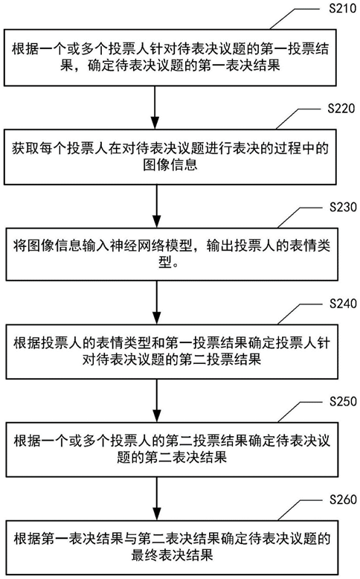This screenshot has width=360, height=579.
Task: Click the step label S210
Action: pos(342,8)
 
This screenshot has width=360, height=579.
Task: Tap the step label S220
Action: pos(341,108)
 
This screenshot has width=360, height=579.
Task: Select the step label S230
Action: pos(343,207)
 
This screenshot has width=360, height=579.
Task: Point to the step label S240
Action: pos(343,304)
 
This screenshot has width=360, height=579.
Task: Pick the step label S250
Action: pos(343,401)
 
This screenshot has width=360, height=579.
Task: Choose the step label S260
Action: pos(343,499)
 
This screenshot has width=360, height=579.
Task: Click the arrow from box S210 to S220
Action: pos(155,107)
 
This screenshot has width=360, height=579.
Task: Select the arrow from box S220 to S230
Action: pos(156,206)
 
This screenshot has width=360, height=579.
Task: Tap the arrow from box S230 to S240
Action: pos(156,302)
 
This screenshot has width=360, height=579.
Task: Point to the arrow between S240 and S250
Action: pos(156,401)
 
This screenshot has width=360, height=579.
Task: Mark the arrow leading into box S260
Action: pos(156,499)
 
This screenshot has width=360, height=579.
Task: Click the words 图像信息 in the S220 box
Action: pos(170,164)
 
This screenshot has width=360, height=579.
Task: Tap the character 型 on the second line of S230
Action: pos(165,262)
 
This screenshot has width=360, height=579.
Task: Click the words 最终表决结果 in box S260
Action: pos(172,555)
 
